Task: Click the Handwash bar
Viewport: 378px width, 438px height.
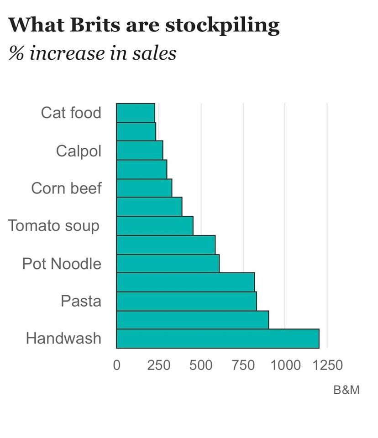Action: [x=217, y=339]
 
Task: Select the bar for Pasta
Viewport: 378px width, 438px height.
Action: [x=186, y=301]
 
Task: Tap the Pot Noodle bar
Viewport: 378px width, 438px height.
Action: [x=168, y=264]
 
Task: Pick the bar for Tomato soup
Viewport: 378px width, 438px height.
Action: [x=154, y=226]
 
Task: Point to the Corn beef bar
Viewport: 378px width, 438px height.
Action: [x=144, y=188]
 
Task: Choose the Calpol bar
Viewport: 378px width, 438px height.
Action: [x=139, y=151]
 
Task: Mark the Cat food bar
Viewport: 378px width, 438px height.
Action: [x=135, y=113]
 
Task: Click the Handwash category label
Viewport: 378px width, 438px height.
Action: [x=63, y=339]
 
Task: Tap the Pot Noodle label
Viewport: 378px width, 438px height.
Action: [x=62, y=264]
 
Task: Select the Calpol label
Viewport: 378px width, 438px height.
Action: [x=79, y=151]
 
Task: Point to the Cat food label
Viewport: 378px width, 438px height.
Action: [x=71, y=113]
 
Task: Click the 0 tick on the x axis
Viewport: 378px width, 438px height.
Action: [x=116, y=365]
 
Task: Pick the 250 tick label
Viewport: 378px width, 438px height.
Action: [x=158, y=365]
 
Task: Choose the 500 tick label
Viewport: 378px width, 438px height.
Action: [x=201, y=365]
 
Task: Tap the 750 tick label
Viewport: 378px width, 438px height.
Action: [x=243, y=365]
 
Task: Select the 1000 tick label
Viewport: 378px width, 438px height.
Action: [x=284, y=365]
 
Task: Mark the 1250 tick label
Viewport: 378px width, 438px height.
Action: [x=327, y=365]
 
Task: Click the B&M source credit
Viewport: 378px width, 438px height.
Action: [x=346, y=391]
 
